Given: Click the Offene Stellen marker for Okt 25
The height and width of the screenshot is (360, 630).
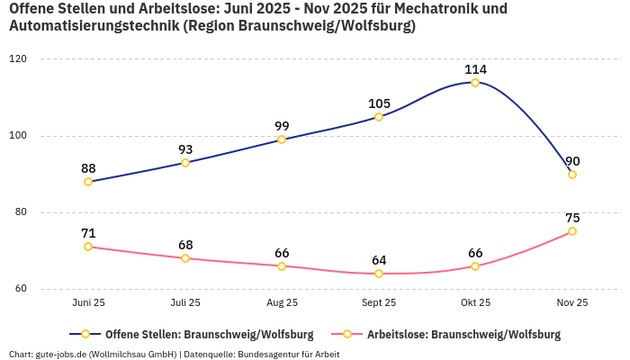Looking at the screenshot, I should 475,83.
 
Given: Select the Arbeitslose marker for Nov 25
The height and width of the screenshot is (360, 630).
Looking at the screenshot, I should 572,231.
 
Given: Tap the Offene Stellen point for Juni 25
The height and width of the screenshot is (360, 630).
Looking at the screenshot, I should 88,182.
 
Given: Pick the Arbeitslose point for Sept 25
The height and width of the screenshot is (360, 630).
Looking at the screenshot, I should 379,274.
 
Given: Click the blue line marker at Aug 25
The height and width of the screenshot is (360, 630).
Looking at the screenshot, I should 282,139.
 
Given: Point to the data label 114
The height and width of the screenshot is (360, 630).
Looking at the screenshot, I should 475,69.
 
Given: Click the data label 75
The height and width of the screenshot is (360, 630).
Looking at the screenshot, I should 572,218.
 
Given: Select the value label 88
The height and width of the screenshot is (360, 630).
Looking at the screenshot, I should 88,168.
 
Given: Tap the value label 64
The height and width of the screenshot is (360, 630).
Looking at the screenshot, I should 379,260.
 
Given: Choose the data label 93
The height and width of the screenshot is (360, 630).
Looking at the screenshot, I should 185,149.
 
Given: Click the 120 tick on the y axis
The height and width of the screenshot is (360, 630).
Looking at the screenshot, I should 18,59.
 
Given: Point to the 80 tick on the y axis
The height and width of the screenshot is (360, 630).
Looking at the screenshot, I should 18,212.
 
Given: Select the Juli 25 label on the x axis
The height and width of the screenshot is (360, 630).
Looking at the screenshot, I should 185,303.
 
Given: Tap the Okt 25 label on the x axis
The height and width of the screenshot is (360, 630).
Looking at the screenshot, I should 475,303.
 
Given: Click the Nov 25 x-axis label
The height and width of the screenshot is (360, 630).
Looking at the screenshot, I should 572,303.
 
